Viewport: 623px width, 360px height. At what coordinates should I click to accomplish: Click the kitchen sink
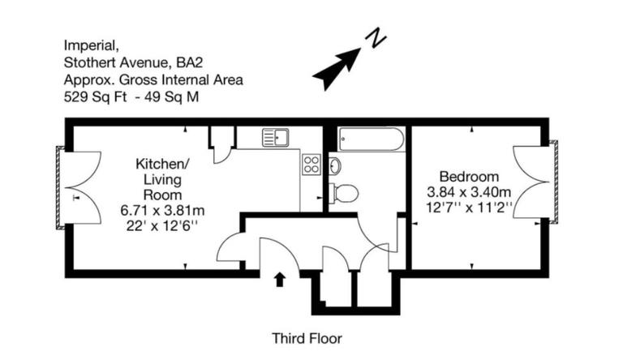click(275, 138)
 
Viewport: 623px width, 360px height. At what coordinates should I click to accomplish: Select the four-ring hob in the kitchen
click(311, 165)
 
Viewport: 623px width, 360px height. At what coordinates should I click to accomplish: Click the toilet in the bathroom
click(345, 193)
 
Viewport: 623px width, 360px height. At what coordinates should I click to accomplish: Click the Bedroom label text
click(469, 177)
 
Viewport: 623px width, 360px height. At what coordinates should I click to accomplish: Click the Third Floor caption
click(307, 338)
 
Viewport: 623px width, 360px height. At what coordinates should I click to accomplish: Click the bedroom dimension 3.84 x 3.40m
click(469, 192)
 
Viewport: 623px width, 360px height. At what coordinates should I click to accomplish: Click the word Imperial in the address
click(88, 45)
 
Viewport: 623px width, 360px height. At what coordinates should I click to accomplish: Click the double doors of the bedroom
click(532, 182)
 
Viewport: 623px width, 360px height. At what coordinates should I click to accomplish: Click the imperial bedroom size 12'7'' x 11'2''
click(469, 208)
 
